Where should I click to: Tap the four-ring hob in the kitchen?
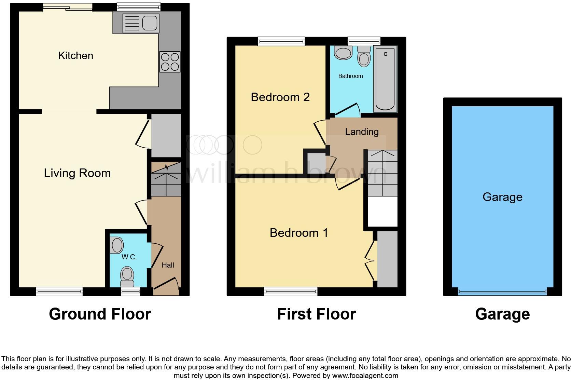(170, 62)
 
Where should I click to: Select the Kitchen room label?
(75, 55)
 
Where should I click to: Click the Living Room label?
(77, 173)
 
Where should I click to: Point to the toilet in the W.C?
(127, 276)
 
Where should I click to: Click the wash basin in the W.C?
(117, 245)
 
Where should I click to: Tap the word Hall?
(168, 265)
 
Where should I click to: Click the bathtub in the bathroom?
(385, 79)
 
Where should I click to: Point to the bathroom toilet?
(364, 57)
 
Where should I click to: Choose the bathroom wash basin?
(343, 53)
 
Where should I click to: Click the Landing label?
(362, 132)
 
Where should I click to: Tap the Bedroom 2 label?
(280, 97)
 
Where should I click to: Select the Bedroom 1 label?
(299, 233)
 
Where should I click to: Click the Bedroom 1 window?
(291, 291)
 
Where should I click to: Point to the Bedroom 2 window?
(281, 41)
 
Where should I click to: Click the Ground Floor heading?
(100, 314)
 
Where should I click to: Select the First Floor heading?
(316, 314)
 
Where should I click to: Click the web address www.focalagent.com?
(365, 376)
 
